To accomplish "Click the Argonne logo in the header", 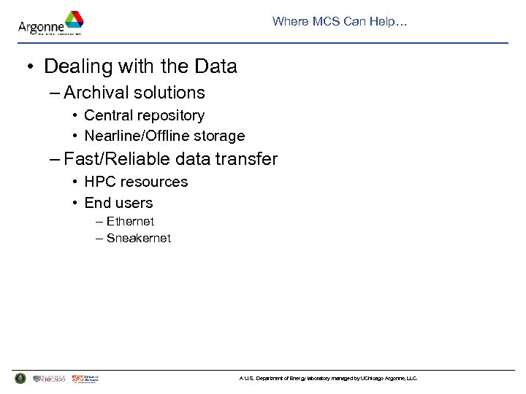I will click(50, 23).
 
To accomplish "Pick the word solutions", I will click(170, 93).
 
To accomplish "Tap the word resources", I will click(154, 182).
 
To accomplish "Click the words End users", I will click(118, 203).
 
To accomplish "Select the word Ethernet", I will click(130, 221).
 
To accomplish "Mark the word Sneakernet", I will click(138, 239).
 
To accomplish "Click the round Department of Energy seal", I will click(20, 379).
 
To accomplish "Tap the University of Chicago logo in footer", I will click(50, 379).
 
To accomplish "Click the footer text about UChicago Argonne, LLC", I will click(328, 379).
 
